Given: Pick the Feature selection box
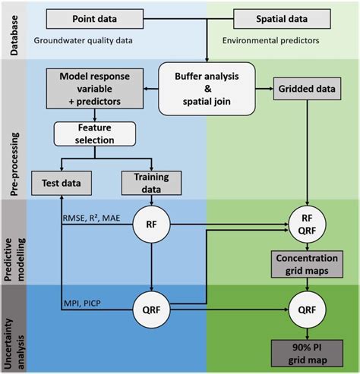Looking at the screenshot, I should (93, 135).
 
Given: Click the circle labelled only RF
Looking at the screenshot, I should (153, 224).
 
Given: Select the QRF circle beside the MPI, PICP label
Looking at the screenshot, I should (153, 310).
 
